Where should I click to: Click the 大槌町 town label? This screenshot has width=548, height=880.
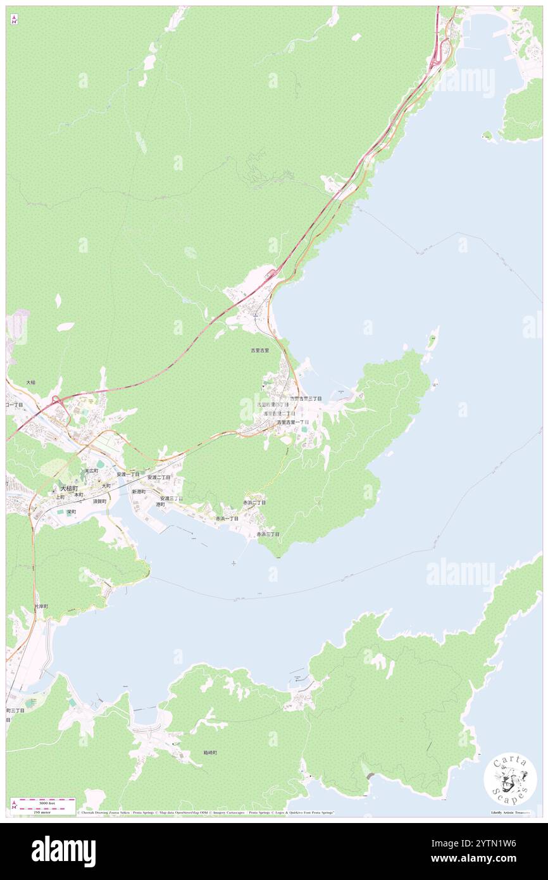[68, 489]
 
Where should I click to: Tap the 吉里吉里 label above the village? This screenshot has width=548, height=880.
[259, 350]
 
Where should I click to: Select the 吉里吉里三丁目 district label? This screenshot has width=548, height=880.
[306, 399]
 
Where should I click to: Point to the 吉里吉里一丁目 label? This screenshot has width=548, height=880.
[292, 422]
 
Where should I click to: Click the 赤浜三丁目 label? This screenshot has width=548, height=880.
[268, 534]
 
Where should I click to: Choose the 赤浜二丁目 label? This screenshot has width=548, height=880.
[254, 502]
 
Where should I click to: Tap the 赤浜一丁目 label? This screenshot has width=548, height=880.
[227, 519]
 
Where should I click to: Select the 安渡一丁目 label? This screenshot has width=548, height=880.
[128, 474]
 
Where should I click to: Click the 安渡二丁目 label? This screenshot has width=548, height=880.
[159, 477]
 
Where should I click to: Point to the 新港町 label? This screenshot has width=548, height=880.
[139, 491]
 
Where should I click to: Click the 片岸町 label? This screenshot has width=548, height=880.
[40, 606]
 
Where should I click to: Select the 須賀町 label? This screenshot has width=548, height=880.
[99, 501]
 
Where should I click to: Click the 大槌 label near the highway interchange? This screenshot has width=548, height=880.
[31, 383]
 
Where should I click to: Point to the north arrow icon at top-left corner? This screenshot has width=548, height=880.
[14, 20]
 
